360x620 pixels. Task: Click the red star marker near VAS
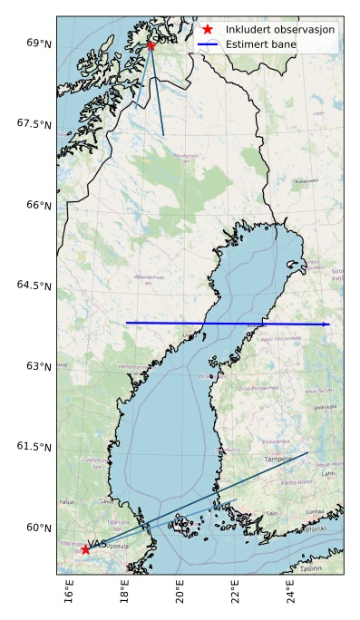tap(85, 549)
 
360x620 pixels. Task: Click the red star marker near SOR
tap(151, 44)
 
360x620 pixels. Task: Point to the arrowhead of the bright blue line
tap(326, 325)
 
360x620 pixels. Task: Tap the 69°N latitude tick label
tap(38, 44)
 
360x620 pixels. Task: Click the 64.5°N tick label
tap(34, 286)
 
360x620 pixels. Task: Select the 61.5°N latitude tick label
tap(34, 447)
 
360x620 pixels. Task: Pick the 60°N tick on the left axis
tap(38, 528)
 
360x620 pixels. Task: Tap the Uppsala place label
tap(118, 546)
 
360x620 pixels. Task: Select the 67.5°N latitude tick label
tap(34, 124)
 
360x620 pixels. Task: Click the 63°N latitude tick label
tap(38, 366)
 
